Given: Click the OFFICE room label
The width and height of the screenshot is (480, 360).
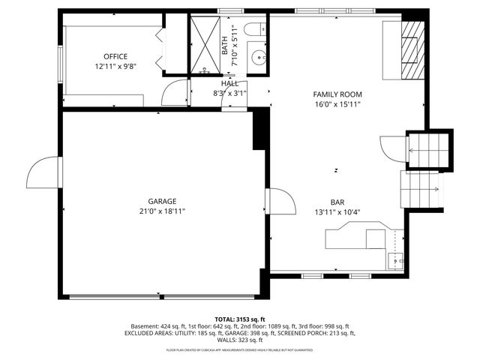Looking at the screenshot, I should point(115,56).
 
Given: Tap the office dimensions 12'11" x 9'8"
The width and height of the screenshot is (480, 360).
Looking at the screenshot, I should point(115,67).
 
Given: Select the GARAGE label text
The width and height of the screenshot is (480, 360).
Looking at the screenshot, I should point(162,201).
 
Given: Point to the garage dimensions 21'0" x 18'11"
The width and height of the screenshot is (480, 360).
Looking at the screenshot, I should point(162,211).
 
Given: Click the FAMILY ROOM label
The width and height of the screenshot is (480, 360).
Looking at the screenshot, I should point(337,94).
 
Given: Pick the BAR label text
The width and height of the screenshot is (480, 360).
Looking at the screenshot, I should point(337,201).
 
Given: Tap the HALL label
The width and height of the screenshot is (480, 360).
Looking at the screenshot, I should point(229,84).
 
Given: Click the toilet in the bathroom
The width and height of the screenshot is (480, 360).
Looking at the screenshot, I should point(253,30).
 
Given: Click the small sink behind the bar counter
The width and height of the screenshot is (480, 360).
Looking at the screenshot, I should point(395,260).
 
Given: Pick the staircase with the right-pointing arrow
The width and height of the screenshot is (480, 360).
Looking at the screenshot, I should point(421,189).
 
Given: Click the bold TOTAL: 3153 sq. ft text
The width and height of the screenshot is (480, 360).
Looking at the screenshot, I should point(240,319).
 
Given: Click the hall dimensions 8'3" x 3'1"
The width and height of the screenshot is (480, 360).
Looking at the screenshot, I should point(229,94).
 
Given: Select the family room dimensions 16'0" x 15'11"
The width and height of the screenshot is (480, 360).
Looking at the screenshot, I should point(337,104).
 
